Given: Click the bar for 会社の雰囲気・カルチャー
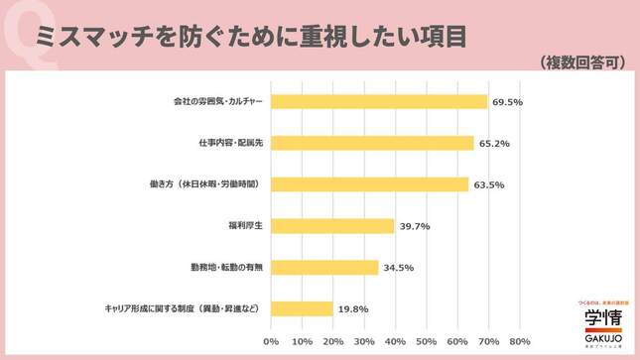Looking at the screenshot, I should pos(378,101).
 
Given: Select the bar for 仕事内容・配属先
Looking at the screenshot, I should pos(372,143).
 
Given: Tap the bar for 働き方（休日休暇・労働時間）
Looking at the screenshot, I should pos(369,183).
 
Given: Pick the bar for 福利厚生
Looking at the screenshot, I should pos(332,225).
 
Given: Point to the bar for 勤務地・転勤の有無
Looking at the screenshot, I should pos(324,267).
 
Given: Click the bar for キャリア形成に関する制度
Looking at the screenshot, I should pos(302,308).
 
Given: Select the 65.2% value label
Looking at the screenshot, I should pos(493,143).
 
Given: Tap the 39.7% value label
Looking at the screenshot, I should pos(414,226).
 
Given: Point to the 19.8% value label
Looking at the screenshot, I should pos(352,308).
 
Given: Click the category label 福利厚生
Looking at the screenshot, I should pos(244,226).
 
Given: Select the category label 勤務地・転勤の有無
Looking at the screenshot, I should pos(225,268).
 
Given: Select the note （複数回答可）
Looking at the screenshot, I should pos(584,61).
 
